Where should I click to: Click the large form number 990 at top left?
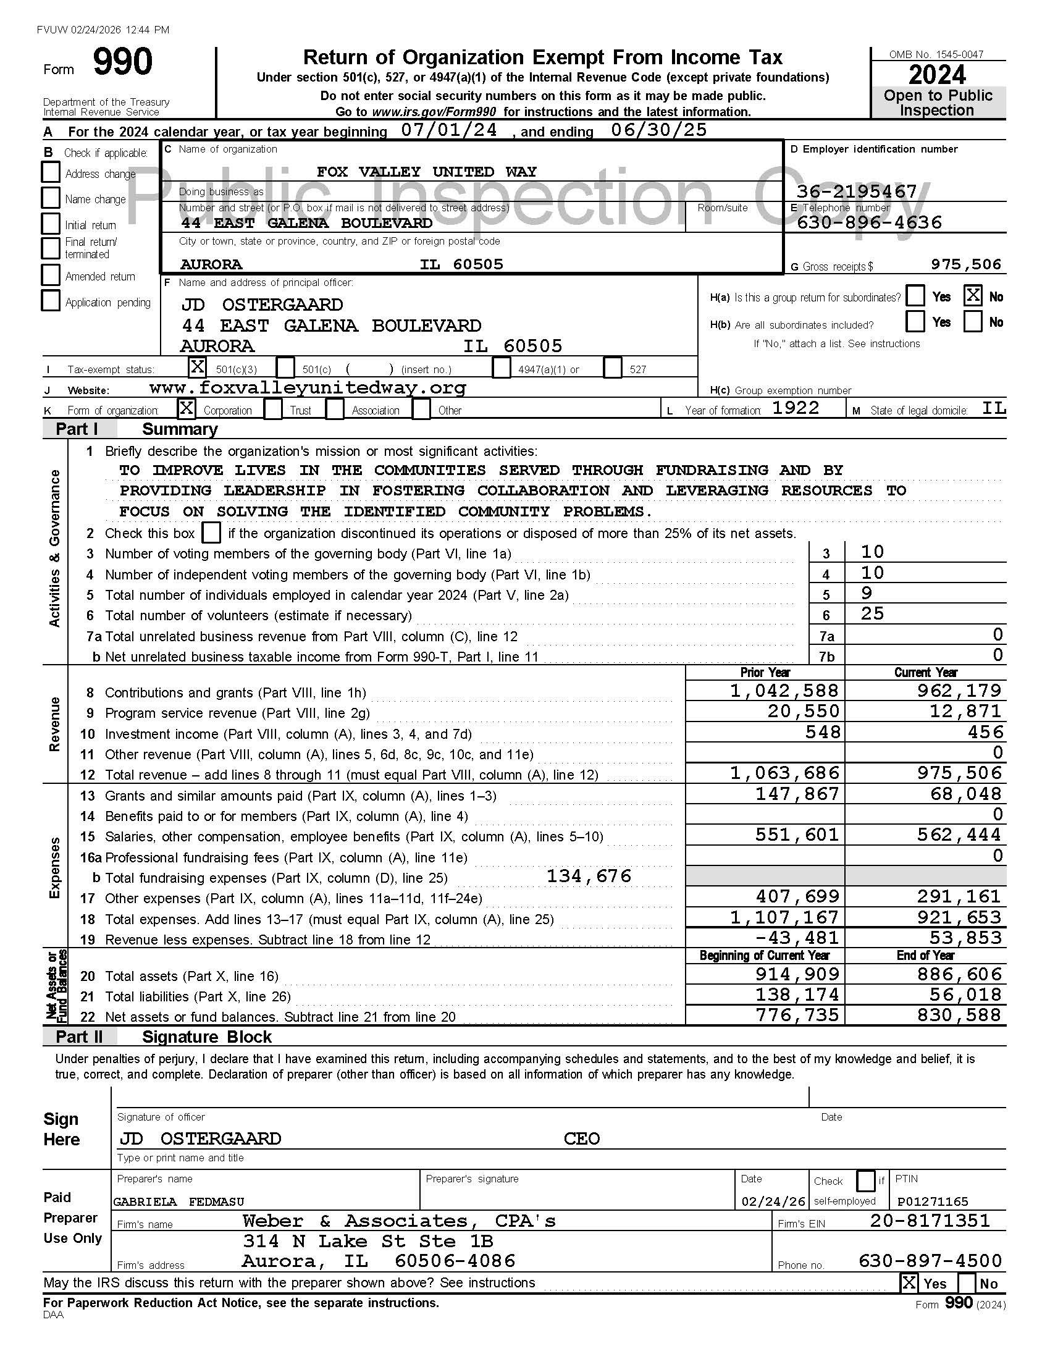click(122, 63)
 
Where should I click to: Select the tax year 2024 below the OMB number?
click(938, 75)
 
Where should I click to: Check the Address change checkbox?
click(51, 172)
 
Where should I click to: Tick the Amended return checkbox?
click(51, 275)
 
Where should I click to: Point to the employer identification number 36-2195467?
click(857, 191)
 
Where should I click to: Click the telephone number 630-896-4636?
click(869, 223)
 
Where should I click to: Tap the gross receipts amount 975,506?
click(965, 264)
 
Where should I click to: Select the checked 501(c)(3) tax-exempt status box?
click(197, 367)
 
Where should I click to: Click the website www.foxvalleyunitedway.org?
click(308, 388)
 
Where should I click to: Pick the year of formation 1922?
click(796, 408)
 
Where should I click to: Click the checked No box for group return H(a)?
click(973, 295)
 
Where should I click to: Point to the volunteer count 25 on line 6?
click(872, 614)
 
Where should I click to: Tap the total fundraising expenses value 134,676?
click(589, 876)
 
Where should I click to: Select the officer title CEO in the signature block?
click(582, 1138)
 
